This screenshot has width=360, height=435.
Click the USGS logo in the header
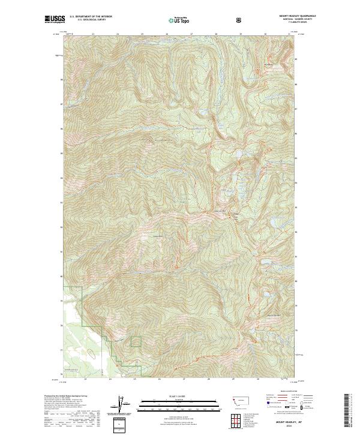(x=55, y=20)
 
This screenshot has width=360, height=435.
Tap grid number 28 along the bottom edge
(x=208, y=379)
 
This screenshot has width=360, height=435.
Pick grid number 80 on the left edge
(x=62, y=276)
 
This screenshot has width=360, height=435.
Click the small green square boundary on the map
(x=136, y=341)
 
